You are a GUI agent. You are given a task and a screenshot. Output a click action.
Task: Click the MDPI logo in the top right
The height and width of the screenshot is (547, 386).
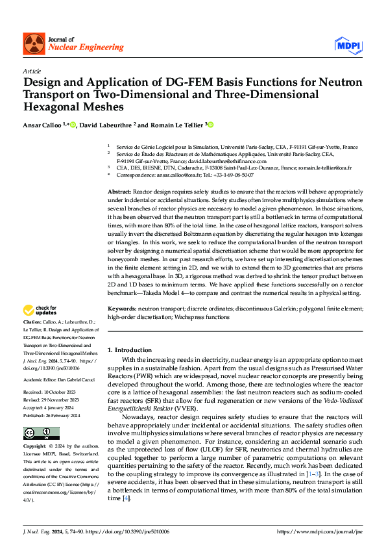(348, 44)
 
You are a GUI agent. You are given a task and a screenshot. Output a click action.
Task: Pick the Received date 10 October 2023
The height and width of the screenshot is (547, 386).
(59, 393)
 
